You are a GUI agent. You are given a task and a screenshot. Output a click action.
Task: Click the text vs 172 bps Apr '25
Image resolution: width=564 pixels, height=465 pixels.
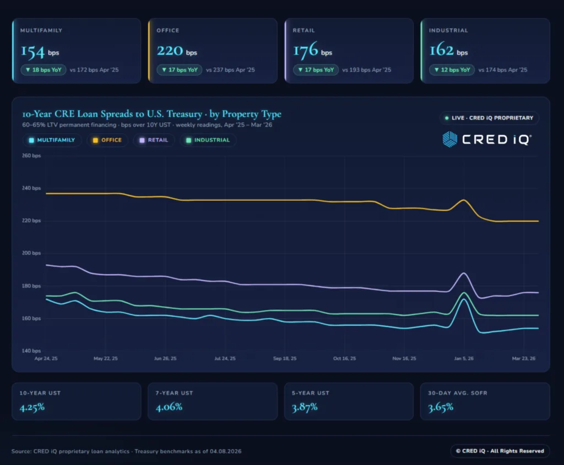click(94, 70)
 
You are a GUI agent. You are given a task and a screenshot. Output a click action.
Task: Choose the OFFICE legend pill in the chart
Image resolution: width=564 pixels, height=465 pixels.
click(107, 140)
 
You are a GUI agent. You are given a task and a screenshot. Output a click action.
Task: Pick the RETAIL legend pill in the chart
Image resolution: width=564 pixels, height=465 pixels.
click(154, 140)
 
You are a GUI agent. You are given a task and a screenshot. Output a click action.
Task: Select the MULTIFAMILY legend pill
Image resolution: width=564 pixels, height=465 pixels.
click(52, 140)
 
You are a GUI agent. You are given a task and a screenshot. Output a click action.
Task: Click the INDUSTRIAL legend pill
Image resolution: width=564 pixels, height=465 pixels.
click(208, 140)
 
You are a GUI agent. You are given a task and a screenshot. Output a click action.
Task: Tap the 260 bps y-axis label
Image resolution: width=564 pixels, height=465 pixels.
click(32, 156)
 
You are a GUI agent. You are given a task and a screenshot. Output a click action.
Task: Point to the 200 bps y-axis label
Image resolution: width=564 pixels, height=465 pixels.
click(32, 253)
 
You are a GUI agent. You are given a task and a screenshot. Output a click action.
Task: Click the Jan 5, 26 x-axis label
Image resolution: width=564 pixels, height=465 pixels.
click(463, 358)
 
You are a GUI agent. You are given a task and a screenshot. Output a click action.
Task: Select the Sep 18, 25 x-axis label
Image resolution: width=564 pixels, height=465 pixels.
click(285, 358)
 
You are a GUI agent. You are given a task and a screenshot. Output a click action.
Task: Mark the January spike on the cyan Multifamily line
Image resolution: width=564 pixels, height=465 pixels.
click(464, 299)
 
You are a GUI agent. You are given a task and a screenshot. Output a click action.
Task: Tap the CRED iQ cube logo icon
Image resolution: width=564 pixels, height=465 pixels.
click(450, 139)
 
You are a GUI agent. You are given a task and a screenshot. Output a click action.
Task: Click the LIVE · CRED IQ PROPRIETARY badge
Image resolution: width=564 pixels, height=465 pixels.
click(489, 118)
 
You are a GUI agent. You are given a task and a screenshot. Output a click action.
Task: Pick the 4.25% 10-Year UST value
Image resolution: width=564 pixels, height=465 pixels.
click(32, 408)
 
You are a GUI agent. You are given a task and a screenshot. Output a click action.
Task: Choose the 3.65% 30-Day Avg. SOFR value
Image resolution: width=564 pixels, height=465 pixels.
click(441, 408)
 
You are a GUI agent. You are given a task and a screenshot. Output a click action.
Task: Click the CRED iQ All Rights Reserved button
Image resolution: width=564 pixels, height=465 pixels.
click(500, 451)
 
